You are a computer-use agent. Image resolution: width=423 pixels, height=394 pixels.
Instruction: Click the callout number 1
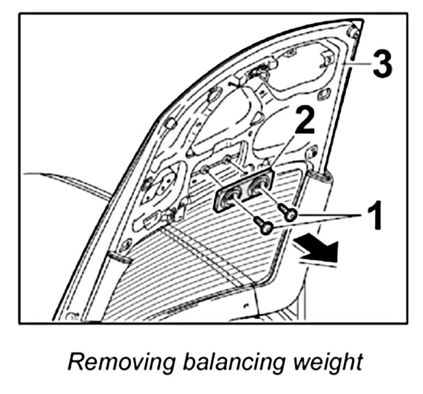[x=372, y=217]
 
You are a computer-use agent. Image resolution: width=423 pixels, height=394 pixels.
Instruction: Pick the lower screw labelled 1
[x=265, y=228]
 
